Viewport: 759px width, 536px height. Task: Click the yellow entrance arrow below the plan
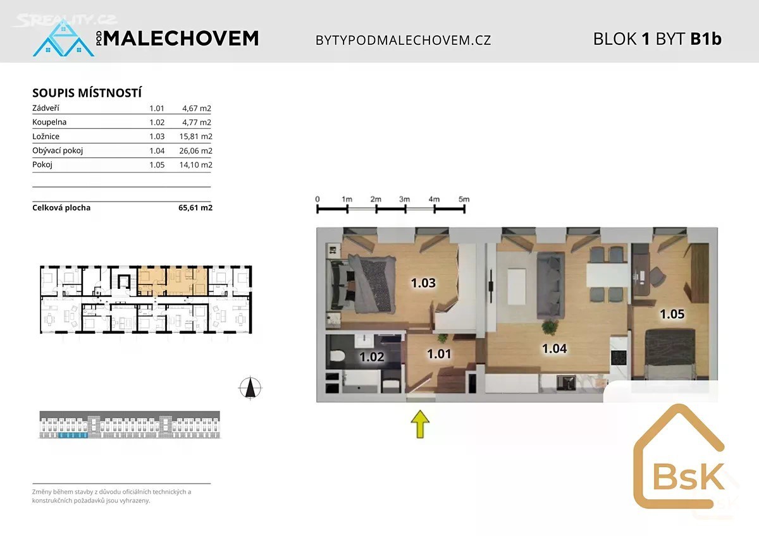tap(420, 424)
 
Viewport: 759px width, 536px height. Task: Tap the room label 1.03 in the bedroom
tap(423, 283)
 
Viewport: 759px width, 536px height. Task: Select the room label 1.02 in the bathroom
tap(372, 357)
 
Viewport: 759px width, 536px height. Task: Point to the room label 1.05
tap(672, 314)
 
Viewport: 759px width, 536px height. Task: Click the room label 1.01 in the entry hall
tap(439, 354)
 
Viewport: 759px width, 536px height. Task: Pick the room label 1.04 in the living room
tap(554, 349)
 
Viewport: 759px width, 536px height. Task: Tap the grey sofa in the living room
tap(550, 286)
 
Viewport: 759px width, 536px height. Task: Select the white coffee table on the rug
tap(517, 286)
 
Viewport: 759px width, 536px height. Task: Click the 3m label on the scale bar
tap(405, 199)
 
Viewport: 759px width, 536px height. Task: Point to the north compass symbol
tap(250, 387)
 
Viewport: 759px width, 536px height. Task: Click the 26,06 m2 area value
tap(195, 150)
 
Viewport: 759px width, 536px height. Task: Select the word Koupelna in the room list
tap(49, 122)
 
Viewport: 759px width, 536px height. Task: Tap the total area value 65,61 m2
tap(195, 207)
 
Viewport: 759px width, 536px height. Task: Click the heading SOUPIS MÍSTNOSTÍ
tap(87, 93)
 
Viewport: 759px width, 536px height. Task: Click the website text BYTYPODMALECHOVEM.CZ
tap(404, 40)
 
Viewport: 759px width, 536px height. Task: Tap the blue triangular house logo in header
tap(63, 38)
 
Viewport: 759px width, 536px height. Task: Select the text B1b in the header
tap(706, 39)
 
